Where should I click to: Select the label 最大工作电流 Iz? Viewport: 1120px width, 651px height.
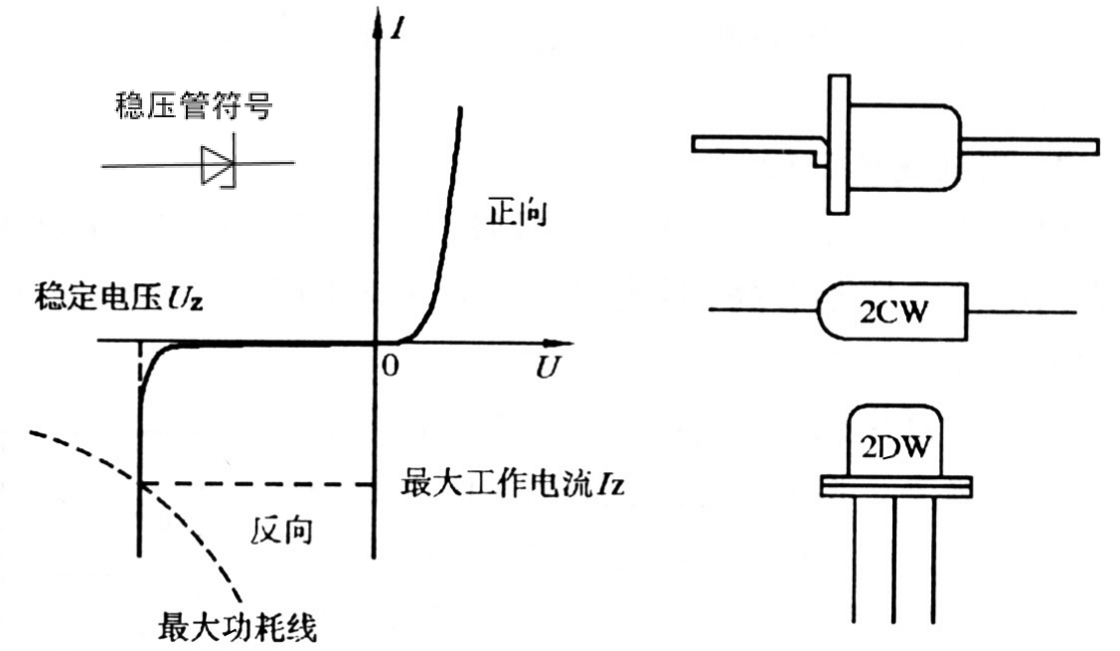coord(513,486)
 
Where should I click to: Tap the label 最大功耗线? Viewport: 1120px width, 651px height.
coord(240,628)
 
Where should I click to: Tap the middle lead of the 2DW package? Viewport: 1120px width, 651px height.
coord(894,557)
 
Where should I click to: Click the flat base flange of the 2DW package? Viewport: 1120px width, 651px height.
coord(894,485)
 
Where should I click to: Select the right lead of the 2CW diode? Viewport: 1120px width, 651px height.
coord(1024,311)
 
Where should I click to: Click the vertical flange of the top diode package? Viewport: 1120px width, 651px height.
coord(839,144)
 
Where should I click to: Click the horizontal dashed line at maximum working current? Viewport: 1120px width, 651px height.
coord(258,484)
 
